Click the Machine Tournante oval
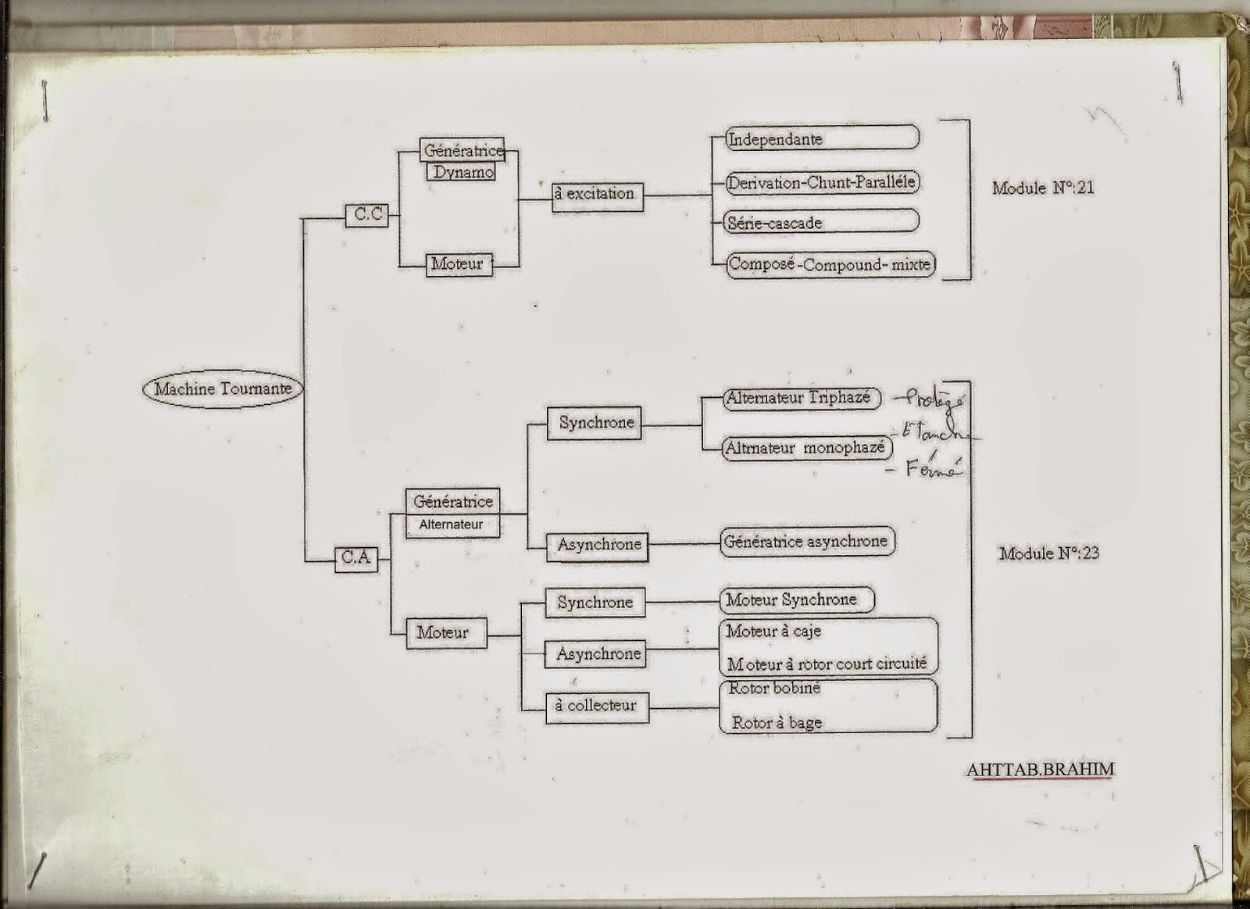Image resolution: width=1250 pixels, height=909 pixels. pyautogui.click(x=223, y=388)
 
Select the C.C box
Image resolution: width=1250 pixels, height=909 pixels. pyautogui.click(x=367, y=215)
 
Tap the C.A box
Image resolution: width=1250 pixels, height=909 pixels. pyautogui.click(x=356, y=558)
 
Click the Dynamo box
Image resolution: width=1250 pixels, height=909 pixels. pyautogui.click(x=462, y=172)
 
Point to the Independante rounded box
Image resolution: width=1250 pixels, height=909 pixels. pyautogui.click(x=821, y=139)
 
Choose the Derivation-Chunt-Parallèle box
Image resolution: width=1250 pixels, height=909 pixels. pyautogui.click(x=821, y=183)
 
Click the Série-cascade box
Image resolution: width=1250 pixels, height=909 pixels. pyautogui.click(x=821, y=222)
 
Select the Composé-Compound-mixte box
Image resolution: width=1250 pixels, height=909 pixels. pyautogui.click(x=830, y=264)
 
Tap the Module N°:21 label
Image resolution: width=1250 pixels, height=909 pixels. pyautogui.click(x=1042, y=188)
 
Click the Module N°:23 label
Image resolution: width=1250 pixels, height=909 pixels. pyautogui.click(x=1048, y=553)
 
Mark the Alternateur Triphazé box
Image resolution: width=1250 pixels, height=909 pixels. pyautogui.click(x=801, y=398)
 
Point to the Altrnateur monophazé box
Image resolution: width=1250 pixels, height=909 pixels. pyautogui.click(x=807, y=448)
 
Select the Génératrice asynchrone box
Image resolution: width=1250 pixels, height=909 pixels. pyautogui.click(x=807, y=541)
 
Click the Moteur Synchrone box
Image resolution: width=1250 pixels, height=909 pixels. pyautogui.click(x=795, y=600)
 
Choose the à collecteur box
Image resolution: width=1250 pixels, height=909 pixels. pyautogui.click(x=597, y=705)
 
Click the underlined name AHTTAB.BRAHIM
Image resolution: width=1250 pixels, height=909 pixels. pyautogui.click(x=1040, y=769)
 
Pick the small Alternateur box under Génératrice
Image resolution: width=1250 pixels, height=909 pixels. pyautogui.click(x=452, y=524)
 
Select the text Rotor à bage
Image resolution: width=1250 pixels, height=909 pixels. pyautogui.click(x=777, y=723)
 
